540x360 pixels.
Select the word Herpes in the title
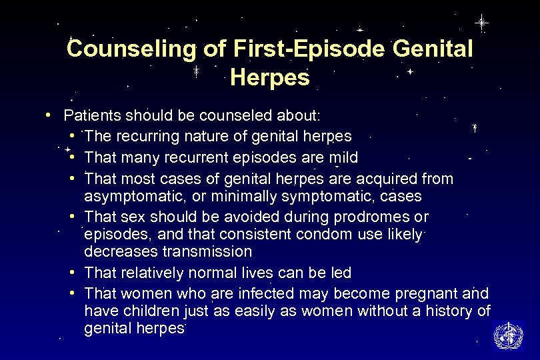point(270,78)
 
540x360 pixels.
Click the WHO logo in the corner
point(507,335)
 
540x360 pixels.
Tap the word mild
point(343,158)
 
